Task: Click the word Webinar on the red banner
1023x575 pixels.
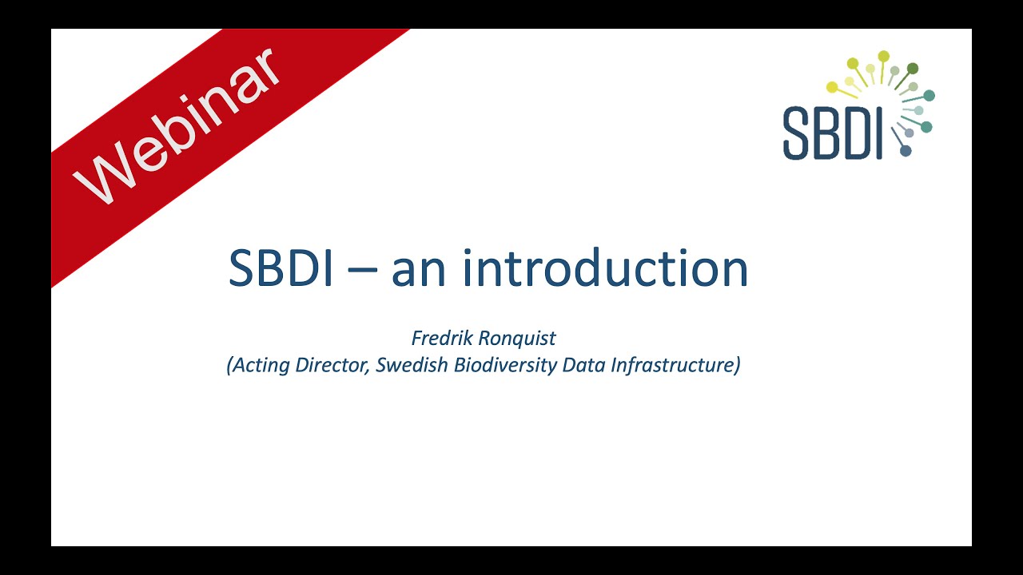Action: point(177,128)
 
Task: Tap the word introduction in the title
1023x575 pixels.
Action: point(605,268)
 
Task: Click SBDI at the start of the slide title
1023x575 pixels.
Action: point(280,268)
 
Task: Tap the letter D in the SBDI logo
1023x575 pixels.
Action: point(859,133)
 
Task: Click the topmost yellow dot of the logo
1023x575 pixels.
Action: point(883,56)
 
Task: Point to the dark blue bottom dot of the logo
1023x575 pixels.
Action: point(906,150)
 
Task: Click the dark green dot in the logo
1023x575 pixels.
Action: point(913,69)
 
